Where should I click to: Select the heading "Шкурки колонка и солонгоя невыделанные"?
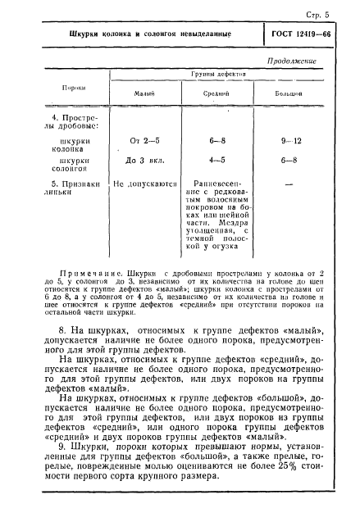(149, 35)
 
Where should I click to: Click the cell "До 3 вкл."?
(138, 161)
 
